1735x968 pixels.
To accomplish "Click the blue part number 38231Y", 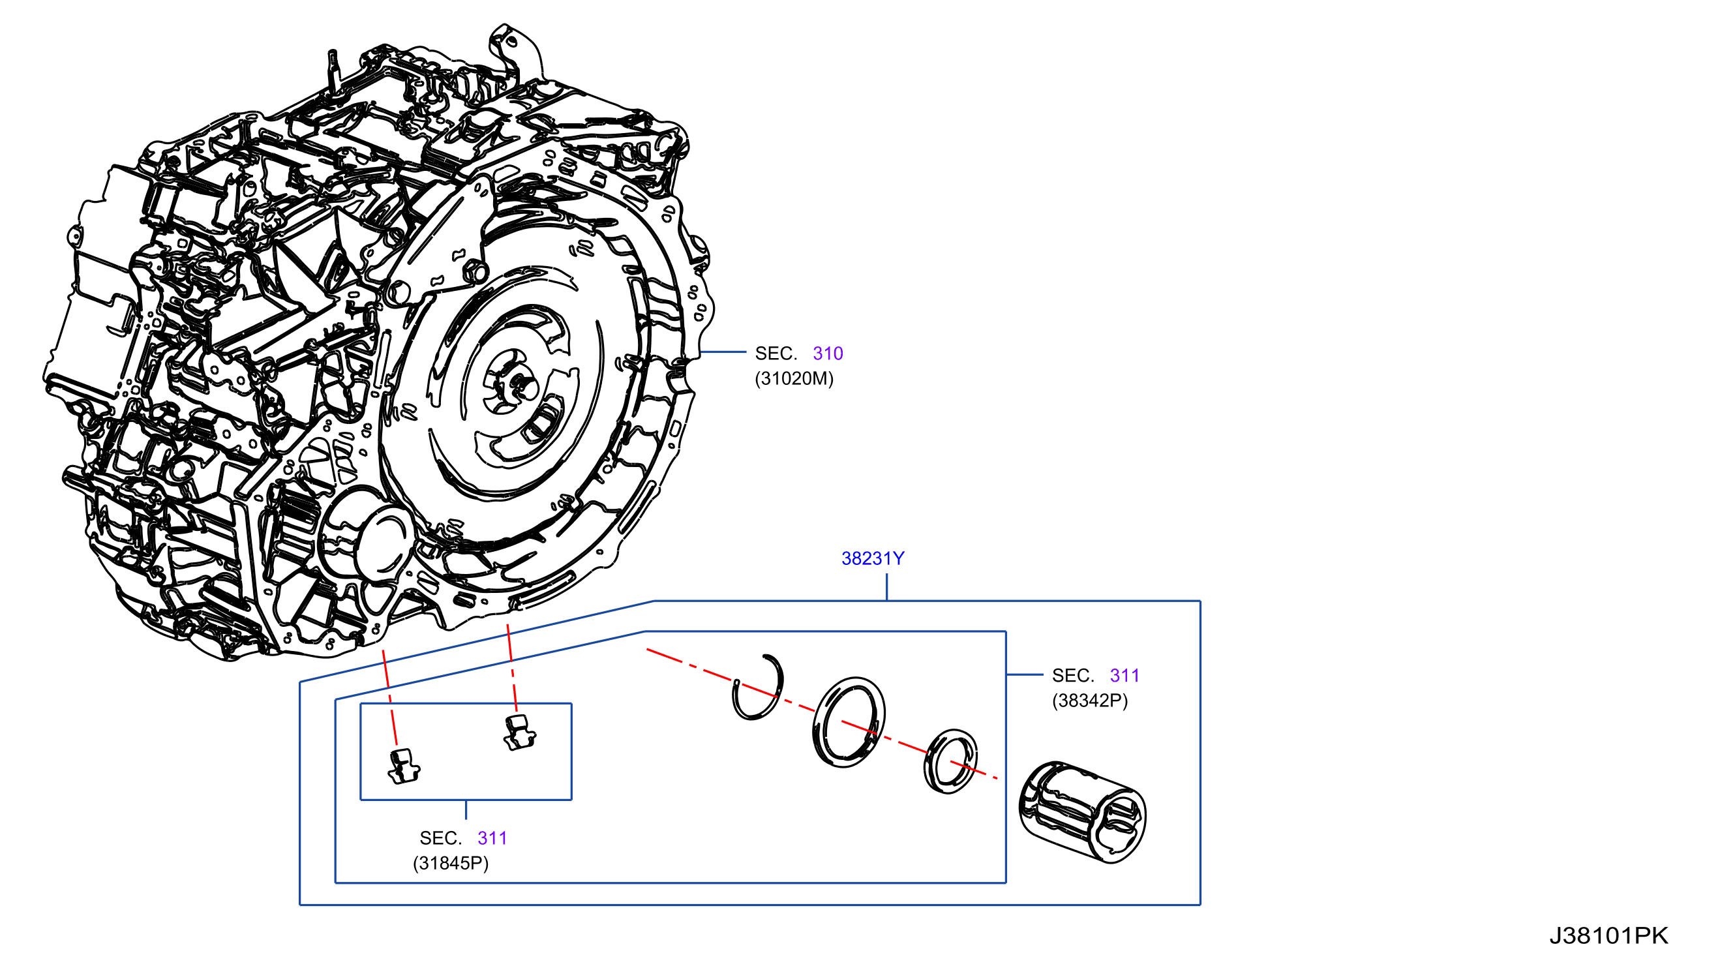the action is pyautogui.click(x=872, y=558).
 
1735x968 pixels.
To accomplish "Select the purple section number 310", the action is pyautogui.click(x=828, y=354).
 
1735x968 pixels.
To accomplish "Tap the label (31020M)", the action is pyautogui.click(x=794, y=378).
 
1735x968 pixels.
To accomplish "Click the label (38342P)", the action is pyautogui.click(x=1090, y=701).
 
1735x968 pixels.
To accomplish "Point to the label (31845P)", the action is pyautogui.click(x=451, y=863).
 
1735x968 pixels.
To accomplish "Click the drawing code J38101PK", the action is pyautogui.click(x=1608, y=935).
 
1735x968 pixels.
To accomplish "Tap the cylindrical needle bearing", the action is pyautogui.click(x=1082, y=812).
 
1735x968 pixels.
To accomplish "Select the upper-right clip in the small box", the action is pyautogui.click(x=520, y=733).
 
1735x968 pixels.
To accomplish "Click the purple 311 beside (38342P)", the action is pyautogui.click(x=1124, y=676).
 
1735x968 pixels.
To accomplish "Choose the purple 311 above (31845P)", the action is pyautogui.click(x=492, y=838).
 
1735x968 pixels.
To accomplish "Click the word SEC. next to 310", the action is pyautogui.click(x=776, y=354).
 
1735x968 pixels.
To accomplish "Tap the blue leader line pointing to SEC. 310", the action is pyautogui.click(x=723, y=352).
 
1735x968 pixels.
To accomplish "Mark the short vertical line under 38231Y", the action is pyautogui.click(x=886, y=586).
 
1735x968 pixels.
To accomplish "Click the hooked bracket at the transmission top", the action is pyautogui.click(x=515, y=50).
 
